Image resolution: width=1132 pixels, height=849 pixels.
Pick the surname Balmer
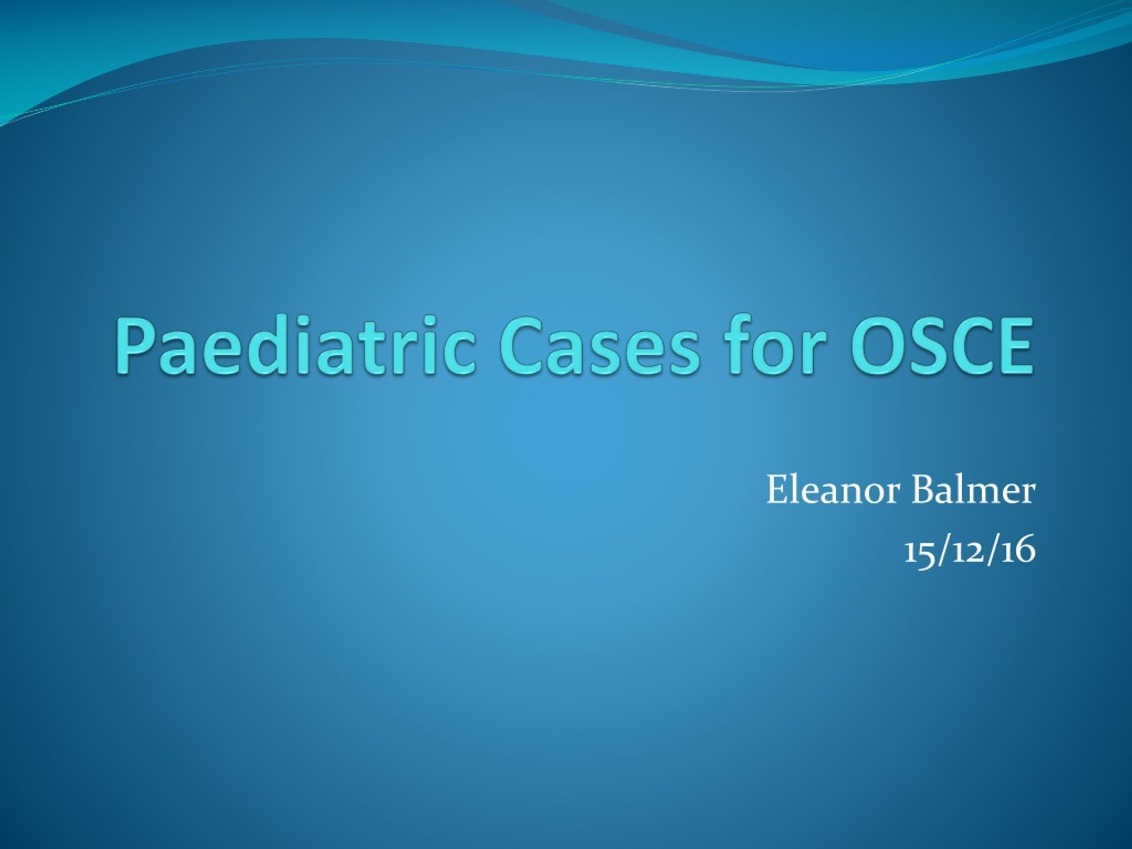click(x=973, y=490)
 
